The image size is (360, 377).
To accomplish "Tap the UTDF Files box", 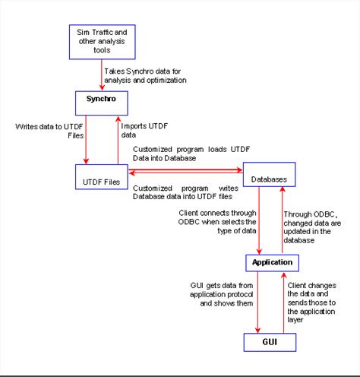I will click(100, 181).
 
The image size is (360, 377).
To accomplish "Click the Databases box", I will click(268, 177).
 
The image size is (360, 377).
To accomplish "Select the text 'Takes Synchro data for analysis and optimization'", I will click(144, 74).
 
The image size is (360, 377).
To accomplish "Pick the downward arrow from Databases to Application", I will click(261, 220).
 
